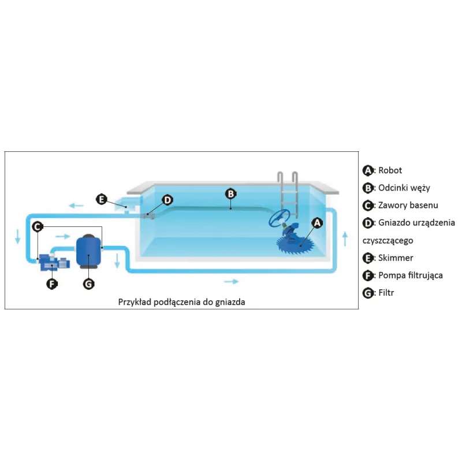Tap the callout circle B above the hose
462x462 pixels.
pos(230,194)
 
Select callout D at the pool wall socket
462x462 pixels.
pos(167,200)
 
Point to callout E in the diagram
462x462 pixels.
pos(102,199)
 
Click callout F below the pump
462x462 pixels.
pos(52,284)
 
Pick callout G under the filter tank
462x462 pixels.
pos(88,284)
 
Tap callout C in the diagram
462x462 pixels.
pos(37,227)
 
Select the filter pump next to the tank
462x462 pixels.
pos(54,263)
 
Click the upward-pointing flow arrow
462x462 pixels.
pos(345,239)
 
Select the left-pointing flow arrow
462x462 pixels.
pos(76,205)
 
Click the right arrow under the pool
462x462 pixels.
pos(230,281)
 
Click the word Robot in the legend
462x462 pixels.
pos(390,170)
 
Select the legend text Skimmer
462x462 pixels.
pos(396,258)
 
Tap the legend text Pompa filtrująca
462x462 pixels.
pos(411,275)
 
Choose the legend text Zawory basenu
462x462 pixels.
pos(408,205)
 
